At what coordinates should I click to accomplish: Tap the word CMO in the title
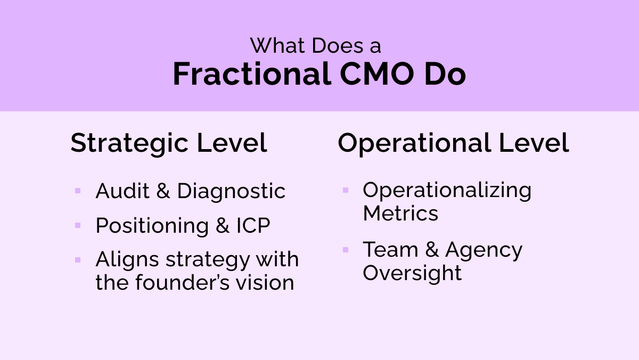[x=368, y=75]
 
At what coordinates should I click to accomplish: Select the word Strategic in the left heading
[x=130, y=143]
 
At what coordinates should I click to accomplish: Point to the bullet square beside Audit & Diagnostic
[x=78, y=190]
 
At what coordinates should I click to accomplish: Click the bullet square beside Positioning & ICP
[x=78, y=225]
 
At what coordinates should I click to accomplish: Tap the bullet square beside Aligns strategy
[x=78, y=260]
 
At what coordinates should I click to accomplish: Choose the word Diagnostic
[x=231, y=191]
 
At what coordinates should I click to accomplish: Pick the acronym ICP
[x=253, y=226]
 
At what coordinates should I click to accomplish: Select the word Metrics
[x=400, y=214]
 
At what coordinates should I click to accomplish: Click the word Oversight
[x=412, y=273]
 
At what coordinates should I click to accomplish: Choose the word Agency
[x=484, y=250]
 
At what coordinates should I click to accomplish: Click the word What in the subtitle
[x=277, y=46]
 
